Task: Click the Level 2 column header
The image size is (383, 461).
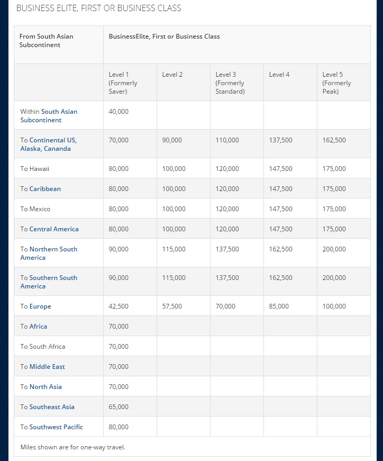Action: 172,75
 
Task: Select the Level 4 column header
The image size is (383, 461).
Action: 279,75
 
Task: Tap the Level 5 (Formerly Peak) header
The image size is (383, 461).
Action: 337,83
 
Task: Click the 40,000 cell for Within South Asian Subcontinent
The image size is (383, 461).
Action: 118,112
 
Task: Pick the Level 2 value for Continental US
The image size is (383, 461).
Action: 172,140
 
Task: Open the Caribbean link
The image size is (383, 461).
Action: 45,189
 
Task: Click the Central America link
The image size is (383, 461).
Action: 54,229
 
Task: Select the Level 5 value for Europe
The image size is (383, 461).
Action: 334,306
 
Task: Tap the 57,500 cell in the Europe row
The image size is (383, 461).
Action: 172,306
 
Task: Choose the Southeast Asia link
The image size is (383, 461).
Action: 52,407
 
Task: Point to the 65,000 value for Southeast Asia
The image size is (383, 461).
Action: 118,407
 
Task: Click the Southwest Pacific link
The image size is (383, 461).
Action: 56,427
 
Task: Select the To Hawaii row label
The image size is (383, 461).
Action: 35,169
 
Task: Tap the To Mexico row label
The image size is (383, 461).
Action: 35,209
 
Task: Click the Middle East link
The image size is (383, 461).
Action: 47,367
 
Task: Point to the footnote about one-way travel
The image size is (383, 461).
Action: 73,447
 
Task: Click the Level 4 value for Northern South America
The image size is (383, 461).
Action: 280,249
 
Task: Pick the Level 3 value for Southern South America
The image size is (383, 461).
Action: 227,278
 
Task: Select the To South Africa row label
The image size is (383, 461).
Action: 43,347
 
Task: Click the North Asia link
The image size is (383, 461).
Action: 45,387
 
